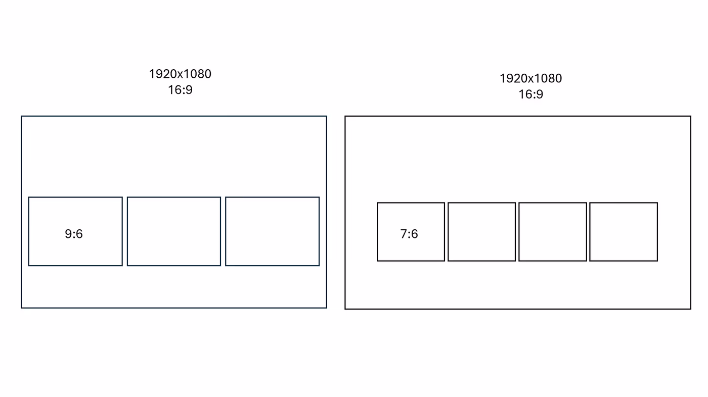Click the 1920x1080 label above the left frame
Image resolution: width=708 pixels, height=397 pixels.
(180, 74)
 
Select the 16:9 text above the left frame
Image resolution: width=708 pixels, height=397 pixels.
(180, 90)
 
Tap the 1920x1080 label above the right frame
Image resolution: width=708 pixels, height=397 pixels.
(530, 78)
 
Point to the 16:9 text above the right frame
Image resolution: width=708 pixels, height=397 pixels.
(530, 94)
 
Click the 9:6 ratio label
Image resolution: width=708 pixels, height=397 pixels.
(74, 234)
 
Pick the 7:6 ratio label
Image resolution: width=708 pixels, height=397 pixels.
(409, 234)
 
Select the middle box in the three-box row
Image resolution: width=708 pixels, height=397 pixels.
(174, 231)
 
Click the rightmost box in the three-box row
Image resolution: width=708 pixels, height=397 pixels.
(272, 231)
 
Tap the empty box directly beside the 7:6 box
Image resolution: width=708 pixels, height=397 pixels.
(481, 232)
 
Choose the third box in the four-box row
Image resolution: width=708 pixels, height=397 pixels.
(553, 232)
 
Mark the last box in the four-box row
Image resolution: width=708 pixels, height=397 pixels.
(624, 232)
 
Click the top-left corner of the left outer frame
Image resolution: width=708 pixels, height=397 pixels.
(21, 116)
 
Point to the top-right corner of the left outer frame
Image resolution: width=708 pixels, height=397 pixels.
(326, 116)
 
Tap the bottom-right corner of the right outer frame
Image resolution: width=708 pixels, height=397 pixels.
(690, 309)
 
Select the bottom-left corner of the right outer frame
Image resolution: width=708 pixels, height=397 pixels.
(345, 309)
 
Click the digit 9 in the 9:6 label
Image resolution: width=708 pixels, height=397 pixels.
(68, 234)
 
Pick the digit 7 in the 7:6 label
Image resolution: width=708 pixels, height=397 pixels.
(404, 234)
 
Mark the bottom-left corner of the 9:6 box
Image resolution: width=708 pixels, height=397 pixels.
(29, 265)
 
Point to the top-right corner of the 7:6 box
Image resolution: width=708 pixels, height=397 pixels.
(445, 203)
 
